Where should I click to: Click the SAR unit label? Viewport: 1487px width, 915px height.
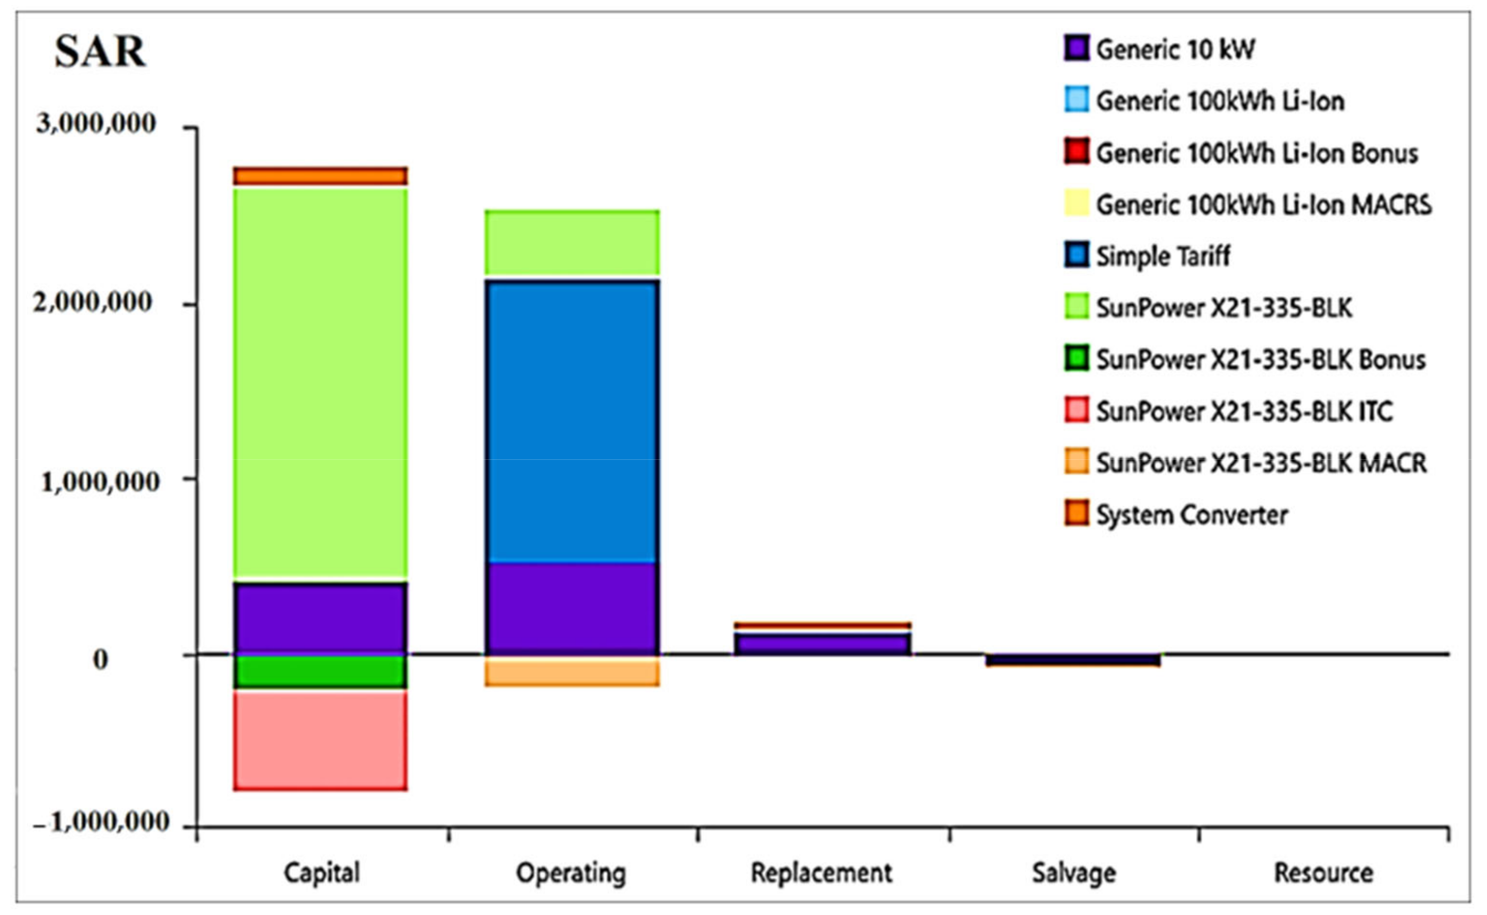coord(100,52)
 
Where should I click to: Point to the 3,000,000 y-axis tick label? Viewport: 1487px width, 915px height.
coord(96,123)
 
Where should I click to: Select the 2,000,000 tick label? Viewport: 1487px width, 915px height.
coord(93,301)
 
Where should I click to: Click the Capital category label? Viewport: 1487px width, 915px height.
coord(322,873)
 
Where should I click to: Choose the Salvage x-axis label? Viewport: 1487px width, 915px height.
coord(1073,873)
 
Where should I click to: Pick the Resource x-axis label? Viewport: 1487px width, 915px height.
coord(1323,873)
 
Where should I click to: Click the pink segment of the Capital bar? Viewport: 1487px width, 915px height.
coord(320,740)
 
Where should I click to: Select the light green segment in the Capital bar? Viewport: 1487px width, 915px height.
coord(320,381)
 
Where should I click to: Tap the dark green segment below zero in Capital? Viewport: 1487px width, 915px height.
coord(320,672)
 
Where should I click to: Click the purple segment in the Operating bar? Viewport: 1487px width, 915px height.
coord(572,608)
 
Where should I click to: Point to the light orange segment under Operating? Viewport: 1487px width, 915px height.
coord(572,672)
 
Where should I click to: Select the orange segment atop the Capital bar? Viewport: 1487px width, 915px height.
coord(320,176)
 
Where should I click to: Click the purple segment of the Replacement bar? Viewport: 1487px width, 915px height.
coord(822,644)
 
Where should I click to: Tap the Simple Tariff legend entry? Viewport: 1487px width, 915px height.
coord(1162,256)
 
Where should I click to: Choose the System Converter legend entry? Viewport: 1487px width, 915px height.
coord(1192,515)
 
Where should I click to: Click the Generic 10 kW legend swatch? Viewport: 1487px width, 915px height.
coord(1077,48)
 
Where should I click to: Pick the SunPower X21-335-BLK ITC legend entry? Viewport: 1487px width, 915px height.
coord(1244,411)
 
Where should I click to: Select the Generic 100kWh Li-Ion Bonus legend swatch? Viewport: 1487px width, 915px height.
coord(1077,152)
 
